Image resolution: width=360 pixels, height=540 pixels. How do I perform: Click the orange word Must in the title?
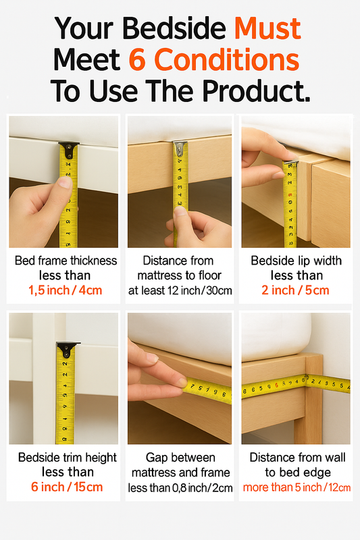point(267,28)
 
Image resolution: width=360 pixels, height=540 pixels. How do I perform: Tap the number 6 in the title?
point(138,59)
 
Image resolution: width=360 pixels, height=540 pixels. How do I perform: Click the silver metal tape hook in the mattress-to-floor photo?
point(180,147)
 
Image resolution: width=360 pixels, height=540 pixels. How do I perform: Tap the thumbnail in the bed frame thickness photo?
point(65,182)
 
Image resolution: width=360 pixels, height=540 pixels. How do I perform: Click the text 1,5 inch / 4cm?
point(66,290)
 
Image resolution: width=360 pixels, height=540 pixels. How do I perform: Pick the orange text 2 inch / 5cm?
point(295,290)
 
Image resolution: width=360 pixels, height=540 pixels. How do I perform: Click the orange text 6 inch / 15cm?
point(67,487)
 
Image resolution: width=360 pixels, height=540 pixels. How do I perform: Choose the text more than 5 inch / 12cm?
point(297,487)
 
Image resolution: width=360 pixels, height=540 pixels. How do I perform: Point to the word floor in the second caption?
point(209,275)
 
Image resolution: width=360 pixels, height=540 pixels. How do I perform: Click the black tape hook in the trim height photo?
point(67,349)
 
